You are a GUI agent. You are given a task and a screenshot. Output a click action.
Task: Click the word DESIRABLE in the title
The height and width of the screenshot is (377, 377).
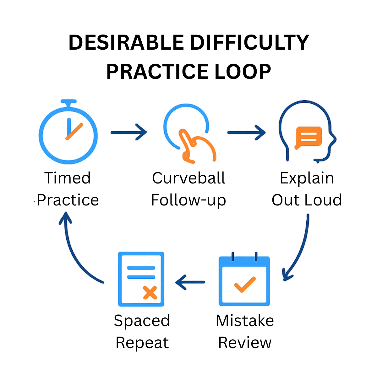pos(126,43)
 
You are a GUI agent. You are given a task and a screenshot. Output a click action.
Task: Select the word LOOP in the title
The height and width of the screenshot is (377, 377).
pos(243,72)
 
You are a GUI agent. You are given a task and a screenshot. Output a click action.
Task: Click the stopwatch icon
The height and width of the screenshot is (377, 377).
pos(68,134)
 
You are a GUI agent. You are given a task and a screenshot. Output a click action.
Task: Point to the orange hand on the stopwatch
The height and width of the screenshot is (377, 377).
pos(74,131)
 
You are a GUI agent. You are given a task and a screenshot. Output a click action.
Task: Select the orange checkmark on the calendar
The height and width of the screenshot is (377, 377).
pos(244,284)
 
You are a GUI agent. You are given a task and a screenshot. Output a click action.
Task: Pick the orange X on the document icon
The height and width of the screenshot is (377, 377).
pos(150,292)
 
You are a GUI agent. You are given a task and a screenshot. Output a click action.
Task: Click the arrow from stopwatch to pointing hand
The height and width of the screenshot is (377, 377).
pos(129,132)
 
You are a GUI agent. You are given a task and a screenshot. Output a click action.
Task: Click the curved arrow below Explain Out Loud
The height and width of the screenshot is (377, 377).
pos(298,248)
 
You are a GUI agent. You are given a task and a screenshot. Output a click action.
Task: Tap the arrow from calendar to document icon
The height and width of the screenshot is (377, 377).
pos(190,282)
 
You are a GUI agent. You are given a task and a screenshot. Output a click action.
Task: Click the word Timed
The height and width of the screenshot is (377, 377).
pos(68,178)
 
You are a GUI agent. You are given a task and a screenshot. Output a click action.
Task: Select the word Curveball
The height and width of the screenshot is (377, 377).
pos(188,178)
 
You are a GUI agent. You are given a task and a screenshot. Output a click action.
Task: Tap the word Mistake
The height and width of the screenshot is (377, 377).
pos(245,321)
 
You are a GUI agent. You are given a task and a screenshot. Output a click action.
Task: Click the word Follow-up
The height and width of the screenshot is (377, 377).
pos(188,200)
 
